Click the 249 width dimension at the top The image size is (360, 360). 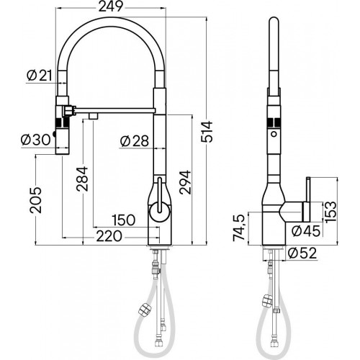point(111,6)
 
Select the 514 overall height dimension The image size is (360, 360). point(207,132)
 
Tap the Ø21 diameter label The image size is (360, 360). point(40,76)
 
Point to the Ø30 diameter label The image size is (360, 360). point(36,140)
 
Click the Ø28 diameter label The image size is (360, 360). point(135,141)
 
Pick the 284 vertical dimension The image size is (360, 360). point(82,179)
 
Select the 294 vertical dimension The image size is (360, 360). point(185,182)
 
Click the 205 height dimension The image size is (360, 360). point(35,200)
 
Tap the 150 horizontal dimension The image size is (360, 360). point(124,220)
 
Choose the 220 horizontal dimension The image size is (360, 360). point(109,236)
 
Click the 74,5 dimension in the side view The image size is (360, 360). point(239,228)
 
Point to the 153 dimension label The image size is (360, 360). point(331,212)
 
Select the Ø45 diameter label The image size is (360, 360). point(306,230)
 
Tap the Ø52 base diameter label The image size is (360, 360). point(302,253)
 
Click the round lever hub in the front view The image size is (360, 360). point(160,211)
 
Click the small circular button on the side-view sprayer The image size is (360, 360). point(274,134)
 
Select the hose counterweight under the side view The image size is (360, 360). point(267,301)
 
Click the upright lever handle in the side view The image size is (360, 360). point(307,199)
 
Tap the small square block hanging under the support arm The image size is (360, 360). point(94,117)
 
